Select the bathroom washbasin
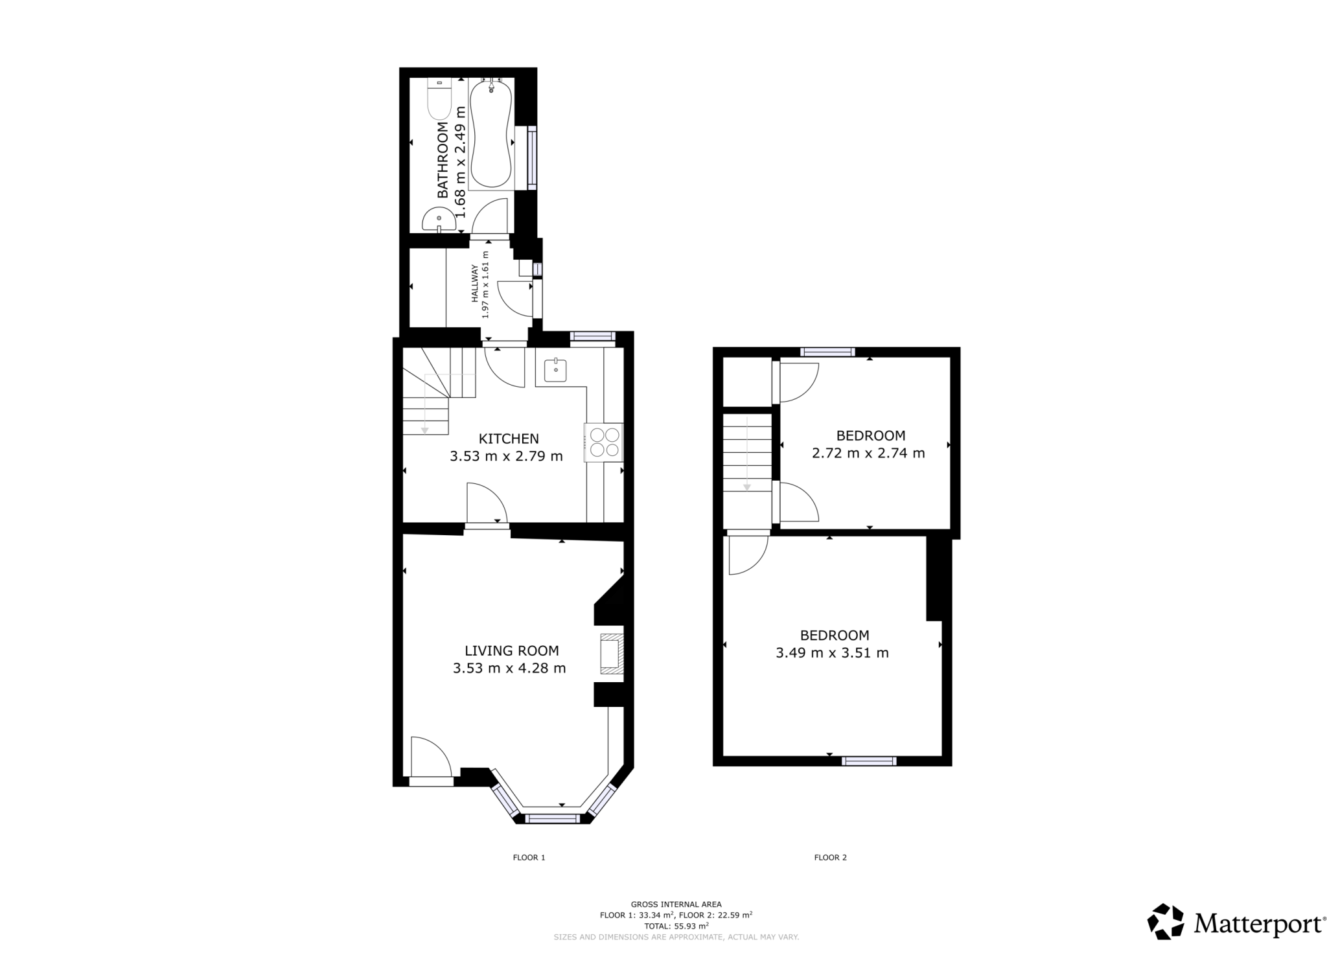(438, 220)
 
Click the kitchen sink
(555, 371)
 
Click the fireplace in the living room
(611, 654)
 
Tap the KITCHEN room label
(508, 439)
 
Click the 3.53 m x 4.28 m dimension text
(509, 668)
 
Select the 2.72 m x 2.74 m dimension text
(868, 453)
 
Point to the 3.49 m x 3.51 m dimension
(832, 652)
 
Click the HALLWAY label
(474, 283)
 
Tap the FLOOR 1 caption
(529, 857)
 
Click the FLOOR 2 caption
(830, 857)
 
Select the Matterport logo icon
(1166, 921)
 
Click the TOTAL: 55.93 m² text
(676, 925)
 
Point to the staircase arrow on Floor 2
(746, 454)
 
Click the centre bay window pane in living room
(552, 819)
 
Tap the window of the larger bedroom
(869, 761)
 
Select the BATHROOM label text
(443, 159)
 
